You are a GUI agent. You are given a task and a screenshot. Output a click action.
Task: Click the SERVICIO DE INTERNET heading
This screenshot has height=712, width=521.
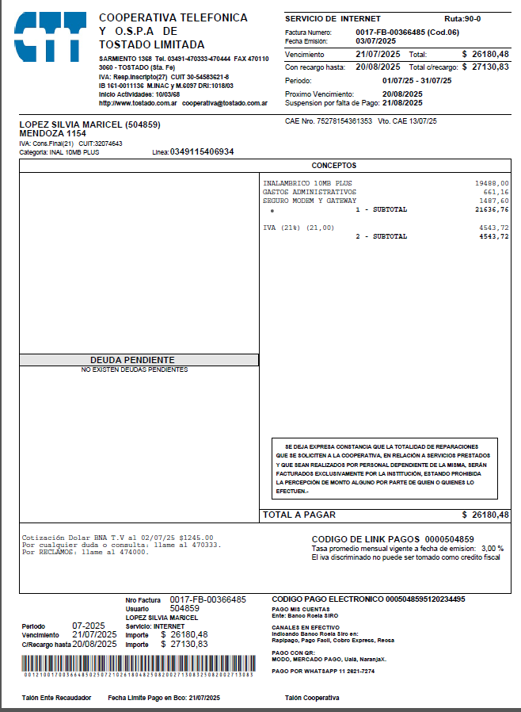click(333, 18)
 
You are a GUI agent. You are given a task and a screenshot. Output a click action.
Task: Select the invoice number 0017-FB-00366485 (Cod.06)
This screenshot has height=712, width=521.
click(407, 32)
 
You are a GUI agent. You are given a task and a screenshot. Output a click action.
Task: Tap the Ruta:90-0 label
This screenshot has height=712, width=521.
click(462, 18)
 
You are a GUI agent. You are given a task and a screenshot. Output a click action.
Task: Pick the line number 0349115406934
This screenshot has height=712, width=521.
click(202, 151)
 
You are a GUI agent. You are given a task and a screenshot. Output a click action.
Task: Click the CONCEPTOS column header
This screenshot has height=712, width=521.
click(333, 166)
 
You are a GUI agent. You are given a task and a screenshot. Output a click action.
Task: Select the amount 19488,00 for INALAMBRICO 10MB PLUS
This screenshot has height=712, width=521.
click(492, 182)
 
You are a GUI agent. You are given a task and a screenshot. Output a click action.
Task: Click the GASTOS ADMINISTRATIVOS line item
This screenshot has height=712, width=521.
click(309, 192)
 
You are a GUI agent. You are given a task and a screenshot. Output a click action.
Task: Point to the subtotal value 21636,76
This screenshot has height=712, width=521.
click(492, 209)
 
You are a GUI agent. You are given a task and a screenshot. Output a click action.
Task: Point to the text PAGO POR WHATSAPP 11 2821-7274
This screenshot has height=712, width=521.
click(323, 671)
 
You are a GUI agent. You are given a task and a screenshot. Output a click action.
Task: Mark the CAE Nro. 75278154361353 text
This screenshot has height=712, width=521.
click(328, 121)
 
